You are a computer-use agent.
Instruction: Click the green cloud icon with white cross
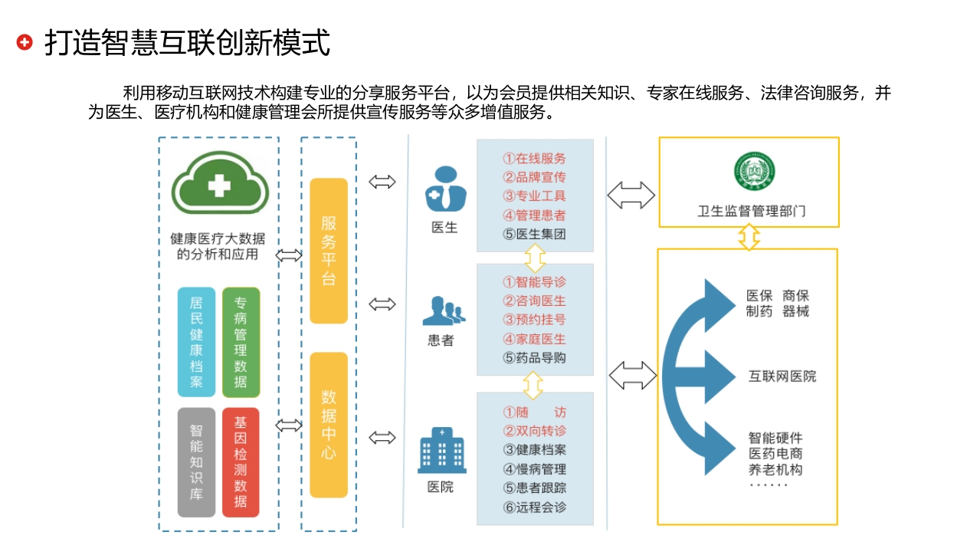pyautogui.click(x=220, y=183)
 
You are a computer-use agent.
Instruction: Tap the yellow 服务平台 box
pyautogui.click(x=329, y=251)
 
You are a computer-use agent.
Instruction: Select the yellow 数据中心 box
pyautogui.click(x=329, y=425)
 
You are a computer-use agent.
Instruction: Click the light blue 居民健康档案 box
pyautogui.click(x=196, y=342)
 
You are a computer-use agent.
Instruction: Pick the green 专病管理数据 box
pyautogui.click(x=241, y=342)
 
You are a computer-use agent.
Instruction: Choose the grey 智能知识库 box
pyautogui.click(x=196, y=462)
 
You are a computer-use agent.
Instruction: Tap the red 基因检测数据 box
pyautogui.click(x=241, y=462)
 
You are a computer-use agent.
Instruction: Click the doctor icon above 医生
pyautogui.click(x=446, y=189)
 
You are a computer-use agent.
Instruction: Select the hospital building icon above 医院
pyautogui.click(x=442, y=450)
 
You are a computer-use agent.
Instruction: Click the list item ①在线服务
pyautogui.click(x=534, y=158)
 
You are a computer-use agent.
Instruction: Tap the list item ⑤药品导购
pyautogui.click(x=534, y=357)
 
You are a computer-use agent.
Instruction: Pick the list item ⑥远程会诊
pyautogui.click(x=534, y=508)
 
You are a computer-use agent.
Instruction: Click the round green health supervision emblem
pyautogui.click(x=754, y=171)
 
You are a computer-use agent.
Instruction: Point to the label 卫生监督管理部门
pyautogui.click(x=751, y=211)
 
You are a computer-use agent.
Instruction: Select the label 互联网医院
pyautogui.click(x=782, y=376)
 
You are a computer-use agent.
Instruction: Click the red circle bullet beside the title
pyautogui.click(x=25, y=42)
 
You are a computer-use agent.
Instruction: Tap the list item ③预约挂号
pyautogui.click(x=534, y=320)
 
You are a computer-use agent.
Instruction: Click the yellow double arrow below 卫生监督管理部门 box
pyautogui.click(x=749, y=237)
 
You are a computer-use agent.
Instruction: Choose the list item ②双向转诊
pyautogui.click(x=534, y=431)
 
